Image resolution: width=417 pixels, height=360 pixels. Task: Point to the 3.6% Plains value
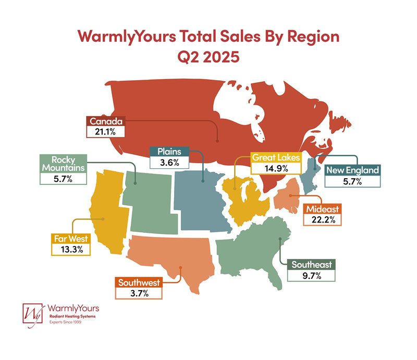pyautogui.click(x=169, y=162)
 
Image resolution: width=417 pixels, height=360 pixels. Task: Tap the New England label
pyautogui.click(x=352, y=170)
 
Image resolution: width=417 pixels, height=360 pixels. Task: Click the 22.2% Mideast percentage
pyautogui.click(x=323, y=220)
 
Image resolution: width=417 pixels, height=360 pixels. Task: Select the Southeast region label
pyautogui.click(x=312, y=265)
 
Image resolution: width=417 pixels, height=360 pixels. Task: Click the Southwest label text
pyautogui.click(x=139, y=283)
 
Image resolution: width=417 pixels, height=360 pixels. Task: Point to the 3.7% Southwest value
pyautogui.click(x=139, y=293)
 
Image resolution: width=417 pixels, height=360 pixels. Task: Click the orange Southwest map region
pyautogui.click(x=172, y=258)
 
